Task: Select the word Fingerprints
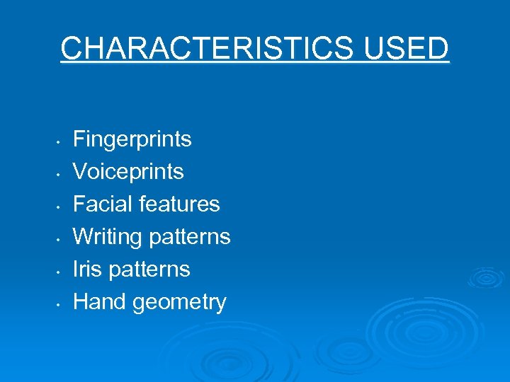[x=132, y=139]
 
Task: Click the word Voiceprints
[x=128, y=172]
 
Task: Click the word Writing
[x=108, y=236]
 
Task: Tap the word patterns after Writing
[x=189, y=237]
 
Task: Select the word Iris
[x=88, y=269]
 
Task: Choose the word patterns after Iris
[x=149, y=270]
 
